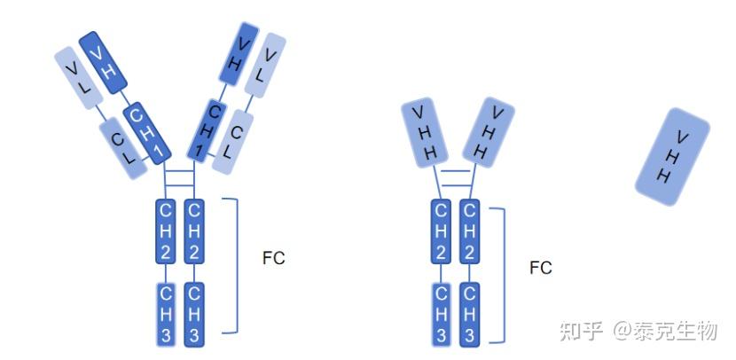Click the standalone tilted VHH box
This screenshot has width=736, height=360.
[672, 157]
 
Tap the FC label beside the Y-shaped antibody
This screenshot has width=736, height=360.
[274, 258]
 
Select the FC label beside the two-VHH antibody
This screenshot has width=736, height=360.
[541, 268]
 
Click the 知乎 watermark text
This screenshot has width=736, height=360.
[581, 331]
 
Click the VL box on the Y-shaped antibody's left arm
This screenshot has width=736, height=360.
[79, 78]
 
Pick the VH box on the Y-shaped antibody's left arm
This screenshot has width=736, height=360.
[103, 62]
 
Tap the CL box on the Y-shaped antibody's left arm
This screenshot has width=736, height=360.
[124, 148]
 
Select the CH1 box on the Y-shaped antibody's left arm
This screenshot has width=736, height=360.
[147, 133]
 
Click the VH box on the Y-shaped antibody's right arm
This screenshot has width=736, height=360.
[239, 53]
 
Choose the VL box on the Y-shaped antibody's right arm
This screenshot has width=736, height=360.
[265, 65]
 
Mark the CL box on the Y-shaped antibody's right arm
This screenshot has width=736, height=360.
[233, 142]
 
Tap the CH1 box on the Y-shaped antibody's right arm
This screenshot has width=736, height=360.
[207, 131]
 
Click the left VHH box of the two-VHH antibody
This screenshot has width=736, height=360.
[426, 132]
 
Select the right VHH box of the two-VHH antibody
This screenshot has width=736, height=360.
[489, 132]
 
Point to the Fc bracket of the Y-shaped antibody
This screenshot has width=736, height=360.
[237, 266]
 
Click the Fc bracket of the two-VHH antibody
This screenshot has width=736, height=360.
[505, 276]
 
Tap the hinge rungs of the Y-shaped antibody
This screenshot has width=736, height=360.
[179, 178]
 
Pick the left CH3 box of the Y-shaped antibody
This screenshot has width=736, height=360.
[165, 315]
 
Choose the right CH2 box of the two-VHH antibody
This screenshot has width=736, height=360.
[469, 231]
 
